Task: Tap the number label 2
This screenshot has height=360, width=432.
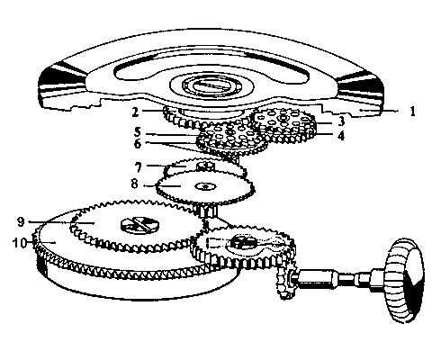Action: tap(134, 112)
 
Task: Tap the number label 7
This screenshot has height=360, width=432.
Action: tap(137, 168)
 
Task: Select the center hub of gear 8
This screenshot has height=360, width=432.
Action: tap(204, 187)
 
